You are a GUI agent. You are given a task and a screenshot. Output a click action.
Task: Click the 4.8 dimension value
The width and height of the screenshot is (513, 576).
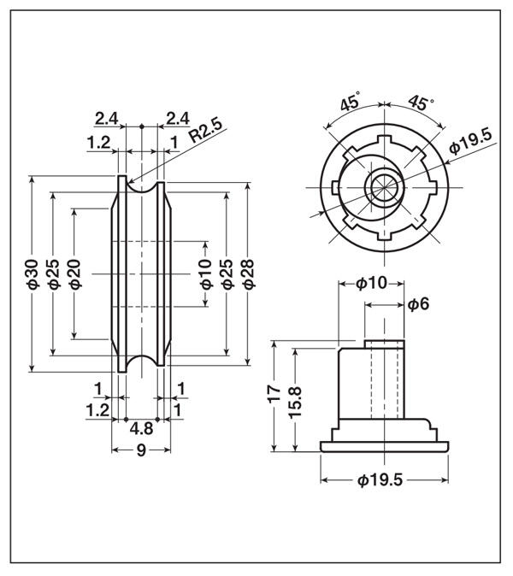tap(141, 429)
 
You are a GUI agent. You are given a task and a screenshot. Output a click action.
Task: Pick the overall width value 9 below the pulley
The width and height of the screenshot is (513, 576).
tap(141, 450)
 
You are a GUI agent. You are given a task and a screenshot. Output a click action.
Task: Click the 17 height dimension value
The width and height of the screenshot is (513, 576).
tap(274, 395)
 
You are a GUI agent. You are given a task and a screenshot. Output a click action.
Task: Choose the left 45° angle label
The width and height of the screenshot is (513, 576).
tap(349, 104)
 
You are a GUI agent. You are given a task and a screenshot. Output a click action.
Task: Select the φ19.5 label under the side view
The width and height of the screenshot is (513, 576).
tap(380, 480)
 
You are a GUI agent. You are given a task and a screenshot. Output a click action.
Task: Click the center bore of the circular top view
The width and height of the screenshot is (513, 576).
tap(381, 188)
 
